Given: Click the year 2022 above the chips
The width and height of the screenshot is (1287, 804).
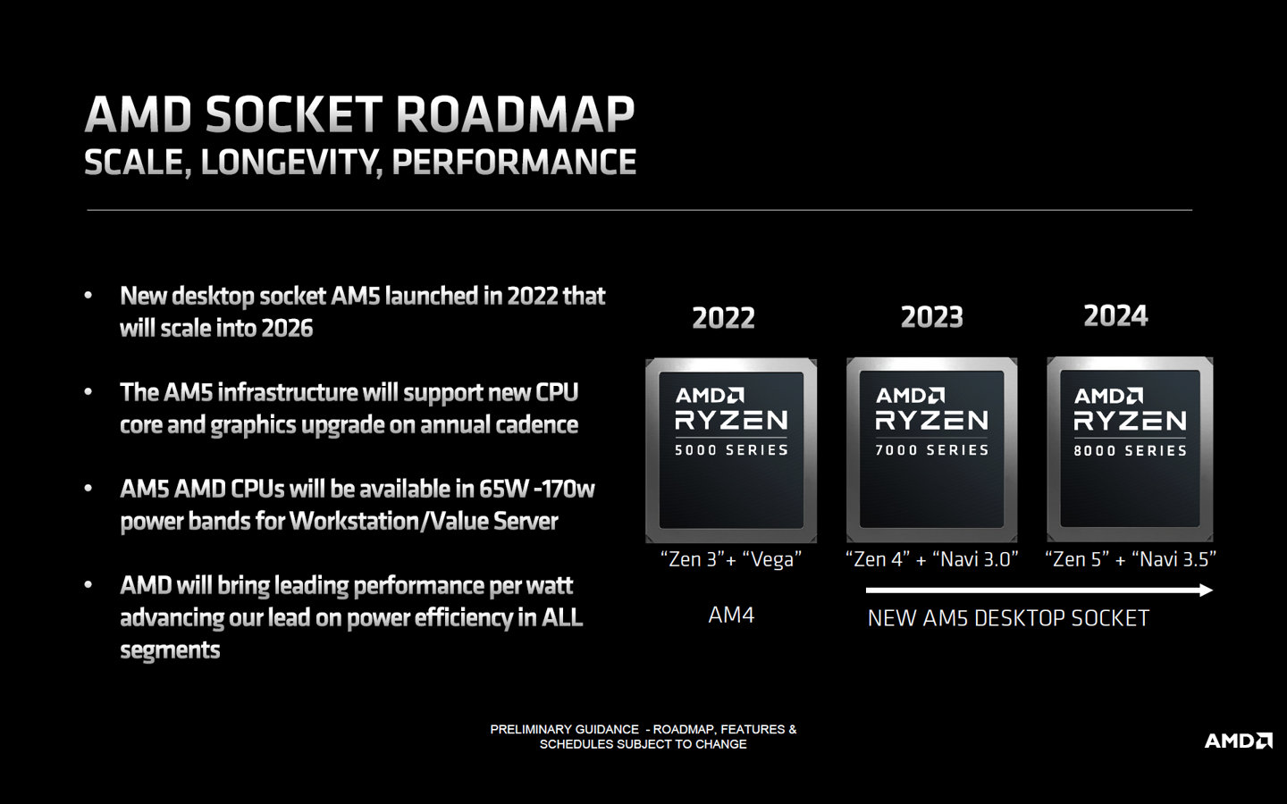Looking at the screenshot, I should pos(723,318).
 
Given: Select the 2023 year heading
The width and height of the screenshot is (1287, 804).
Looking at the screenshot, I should pos(931,317).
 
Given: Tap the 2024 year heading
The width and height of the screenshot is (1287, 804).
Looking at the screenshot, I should pos(1115,315).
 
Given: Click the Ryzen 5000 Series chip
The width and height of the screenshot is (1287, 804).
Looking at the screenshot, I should pos(731,450).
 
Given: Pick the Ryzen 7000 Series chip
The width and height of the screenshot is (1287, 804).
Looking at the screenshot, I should pos(931,449).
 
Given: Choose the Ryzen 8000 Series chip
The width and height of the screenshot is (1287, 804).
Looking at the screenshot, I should pos(1130,449).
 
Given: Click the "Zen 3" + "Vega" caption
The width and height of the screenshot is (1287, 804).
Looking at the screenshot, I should pos(731,560).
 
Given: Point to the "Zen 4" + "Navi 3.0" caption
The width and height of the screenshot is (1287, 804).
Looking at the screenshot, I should pos(931,560).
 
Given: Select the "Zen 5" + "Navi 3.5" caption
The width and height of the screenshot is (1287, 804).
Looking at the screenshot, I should pos(1131,560).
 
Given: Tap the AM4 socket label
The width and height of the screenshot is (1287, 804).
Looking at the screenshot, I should pos(731,616).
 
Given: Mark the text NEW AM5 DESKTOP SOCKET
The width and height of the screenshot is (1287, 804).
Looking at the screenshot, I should pos(1008,618).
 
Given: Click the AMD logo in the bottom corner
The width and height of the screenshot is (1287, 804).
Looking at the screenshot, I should pos(1238,741).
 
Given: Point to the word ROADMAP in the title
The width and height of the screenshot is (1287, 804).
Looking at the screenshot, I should pos(515,115).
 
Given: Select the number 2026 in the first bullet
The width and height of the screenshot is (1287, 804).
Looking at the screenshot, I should pos(288,329).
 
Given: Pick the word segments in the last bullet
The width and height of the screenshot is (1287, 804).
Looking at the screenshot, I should pos(170,650).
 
